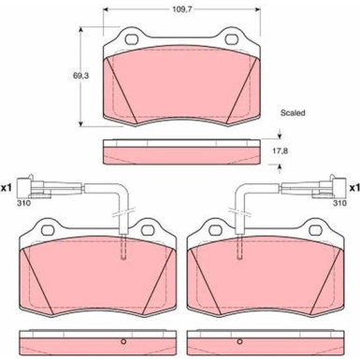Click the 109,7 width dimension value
tap(182, 9)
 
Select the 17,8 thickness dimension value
tap(281, 151)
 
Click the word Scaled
tap(293, 113)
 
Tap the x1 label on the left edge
tap(7, 188)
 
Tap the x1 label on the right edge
tap(354, 188)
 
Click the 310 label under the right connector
tap(339, 203)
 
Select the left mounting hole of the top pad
tap(132, 39)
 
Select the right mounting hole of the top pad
tap(232, 39)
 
